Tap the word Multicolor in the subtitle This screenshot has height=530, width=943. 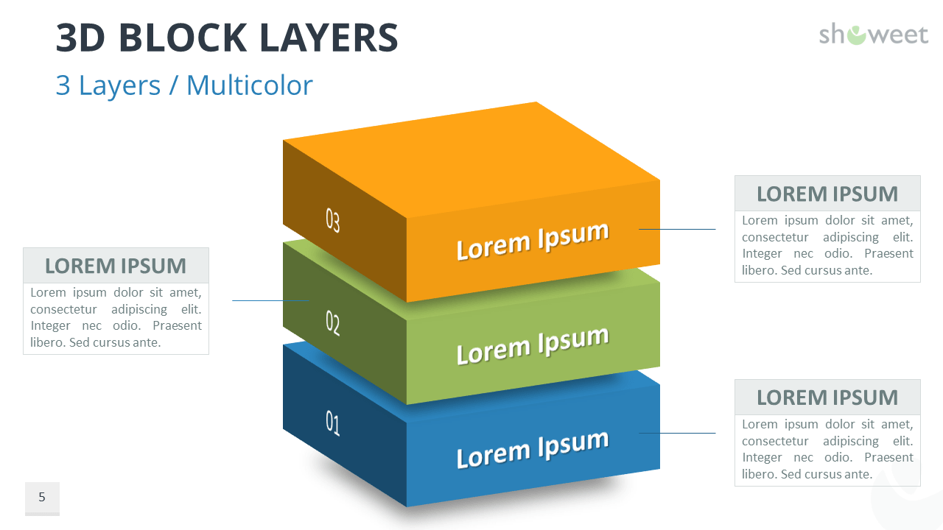click(x=249, y=85)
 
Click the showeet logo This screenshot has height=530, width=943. click(x=873, y=34)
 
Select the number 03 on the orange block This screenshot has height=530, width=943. click(x=333, y=220)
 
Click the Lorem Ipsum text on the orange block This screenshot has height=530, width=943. click(x=532, y=240)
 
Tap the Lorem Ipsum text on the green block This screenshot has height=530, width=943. click(x=532, y=344)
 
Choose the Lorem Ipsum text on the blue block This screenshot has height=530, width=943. click(x=532, y=448)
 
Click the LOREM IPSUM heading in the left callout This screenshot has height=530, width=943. click(x=116, y=266)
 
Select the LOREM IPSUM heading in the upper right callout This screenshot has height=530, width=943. click(x=827, y=194)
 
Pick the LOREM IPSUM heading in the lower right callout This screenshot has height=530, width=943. click(x=827, y=397)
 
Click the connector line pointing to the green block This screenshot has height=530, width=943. click(x=270, y=300)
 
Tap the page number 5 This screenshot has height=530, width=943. click(x=42, y=498)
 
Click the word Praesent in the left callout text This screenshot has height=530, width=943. click(x=177, y=325)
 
